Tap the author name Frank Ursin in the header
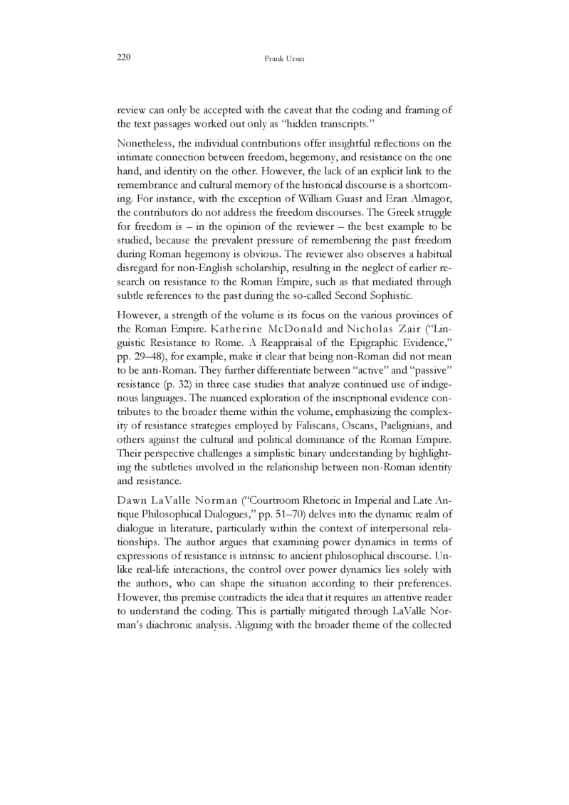[284, 58]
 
